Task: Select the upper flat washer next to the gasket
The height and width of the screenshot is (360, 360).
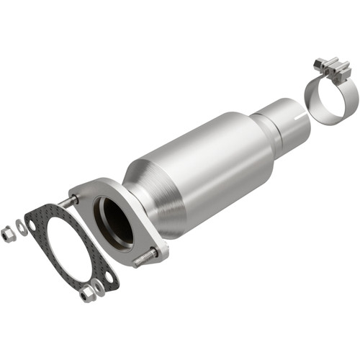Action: pyautogui.click(x=22, y=227)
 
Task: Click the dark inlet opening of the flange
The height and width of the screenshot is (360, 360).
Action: pyautogui.click(x=114, y=223)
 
